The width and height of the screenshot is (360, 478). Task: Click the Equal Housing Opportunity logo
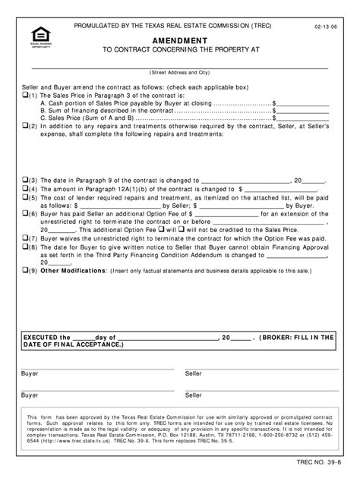(x=34, y=37)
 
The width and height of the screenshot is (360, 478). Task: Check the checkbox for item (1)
(x=24, y=96)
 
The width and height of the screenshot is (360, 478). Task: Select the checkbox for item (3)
(x=24, y=182)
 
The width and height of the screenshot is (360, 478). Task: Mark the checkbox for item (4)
(x=24, y=190)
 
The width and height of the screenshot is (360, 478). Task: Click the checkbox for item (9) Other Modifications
(x=24, y=269)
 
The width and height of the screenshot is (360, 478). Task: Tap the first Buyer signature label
(x=30, y=374)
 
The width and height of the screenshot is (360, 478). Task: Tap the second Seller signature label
(x=194, y=395)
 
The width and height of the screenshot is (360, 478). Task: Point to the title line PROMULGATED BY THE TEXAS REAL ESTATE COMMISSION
(x=178, y=27)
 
